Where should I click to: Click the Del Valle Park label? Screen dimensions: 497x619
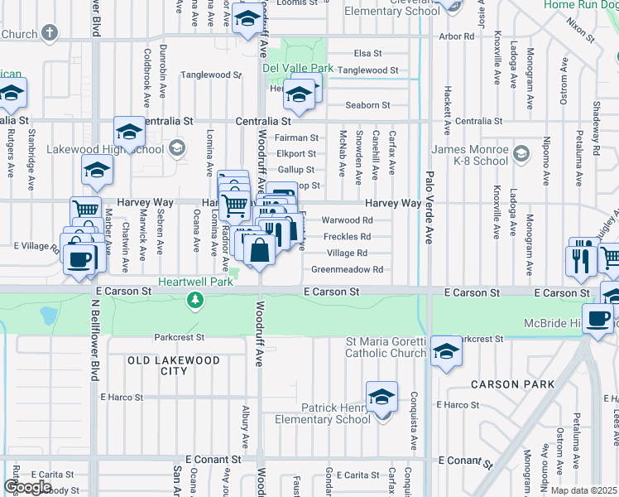coord(298,67)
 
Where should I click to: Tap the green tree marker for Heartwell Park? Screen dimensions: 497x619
coord(195,300)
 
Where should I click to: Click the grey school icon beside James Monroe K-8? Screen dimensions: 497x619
coord(521,153)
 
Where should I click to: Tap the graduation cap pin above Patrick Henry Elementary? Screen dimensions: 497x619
coord(381,397)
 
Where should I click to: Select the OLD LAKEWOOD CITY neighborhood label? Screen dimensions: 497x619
coord(174,365)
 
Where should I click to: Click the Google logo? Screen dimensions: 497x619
coord(28,487)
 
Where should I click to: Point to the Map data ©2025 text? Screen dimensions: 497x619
coord(584,490)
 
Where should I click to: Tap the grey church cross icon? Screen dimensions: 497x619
coord(50,33)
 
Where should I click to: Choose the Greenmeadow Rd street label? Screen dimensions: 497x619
coord(347,269)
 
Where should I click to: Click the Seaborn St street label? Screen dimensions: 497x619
coord(367,105)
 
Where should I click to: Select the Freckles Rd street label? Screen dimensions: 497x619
coord(346,236)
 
